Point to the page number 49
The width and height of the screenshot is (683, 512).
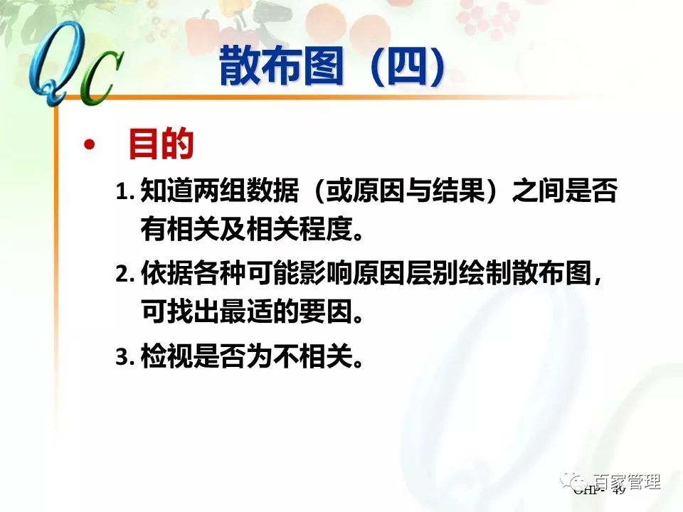618,491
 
